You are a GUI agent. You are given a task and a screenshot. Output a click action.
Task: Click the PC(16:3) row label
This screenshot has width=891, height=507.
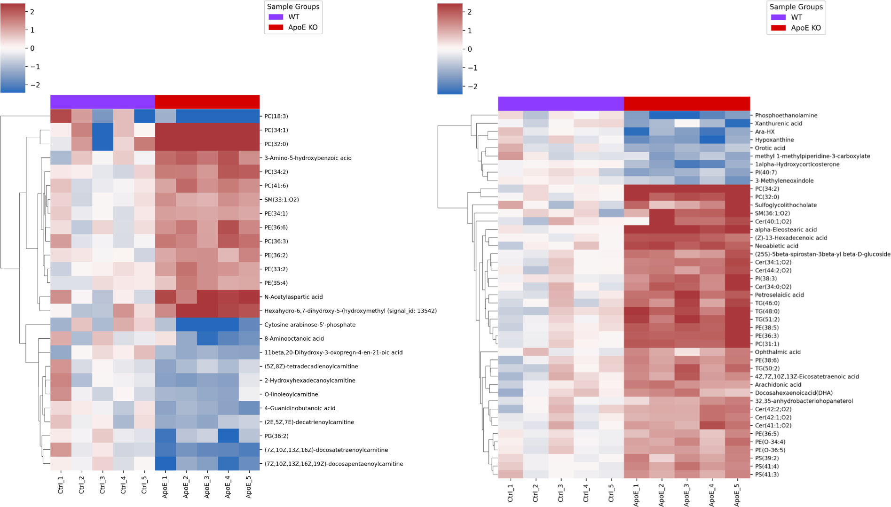click(x=276, y=116)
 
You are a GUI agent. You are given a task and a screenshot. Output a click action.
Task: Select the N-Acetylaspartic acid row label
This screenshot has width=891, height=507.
click(x=293, y=297)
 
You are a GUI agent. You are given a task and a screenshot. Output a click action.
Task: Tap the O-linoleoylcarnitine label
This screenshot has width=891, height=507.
click(x=291, y=394)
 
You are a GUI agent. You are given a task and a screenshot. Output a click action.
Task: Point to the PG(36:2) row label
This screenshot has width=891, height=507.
click(x=276, y=436)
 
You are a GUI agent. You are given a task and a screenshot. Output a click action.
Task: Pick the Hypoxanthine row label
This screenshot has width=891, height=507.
click(x=774, y=140)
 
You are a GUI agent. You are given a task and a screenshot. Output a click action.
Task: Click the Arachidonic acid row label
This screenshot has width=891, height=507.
click(x=778, y=384)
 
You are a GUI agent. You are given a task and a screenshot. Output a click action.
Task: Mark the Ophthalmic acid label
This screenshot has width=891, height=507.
click(x=778, y=352)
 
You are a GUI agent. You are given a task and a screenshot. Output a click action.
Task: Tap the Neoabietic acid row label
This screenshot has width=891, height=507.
click(x=777, y=246)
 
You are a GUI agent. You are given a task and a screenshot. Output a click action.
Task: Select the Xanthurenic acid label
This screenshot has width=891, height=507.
click(x=779, y=123)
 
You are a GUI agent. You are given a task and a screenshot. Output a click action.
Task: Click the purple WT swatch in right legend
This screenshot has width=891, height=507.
click(x=778, y=17)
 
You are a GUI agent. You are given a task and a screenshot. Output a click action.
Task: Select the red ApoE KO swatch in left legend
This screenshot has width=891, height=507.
click(x=276, y=27)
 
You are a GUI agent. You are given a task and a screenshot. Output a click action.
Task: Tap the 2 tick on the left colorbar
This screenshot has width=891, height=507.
click(x=32, y=12)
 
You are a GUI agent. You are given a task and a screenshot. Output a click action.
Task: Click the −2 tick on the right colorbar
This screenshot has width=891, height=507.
click(x=472, y=86)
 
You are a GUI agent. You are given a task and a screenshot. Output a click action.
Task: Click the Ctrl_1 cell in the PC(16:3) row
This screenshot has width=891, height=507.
click(x=61, y=116)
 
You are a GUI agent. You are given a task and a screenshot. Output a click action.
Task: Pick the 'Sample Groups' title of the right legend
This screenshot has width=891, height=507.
click(x=796, y=7)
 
